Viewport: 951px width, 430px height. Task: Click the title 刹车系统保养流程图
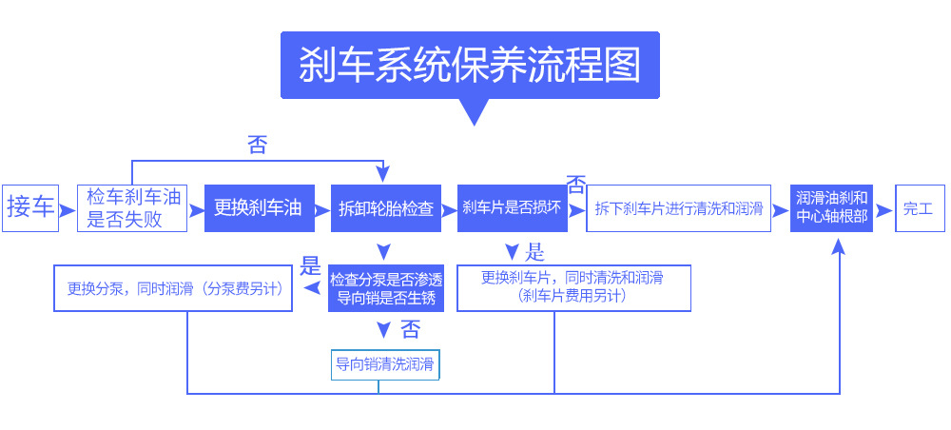pos(469,66)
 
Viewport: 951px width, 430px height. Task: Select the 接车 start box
pos(30,207)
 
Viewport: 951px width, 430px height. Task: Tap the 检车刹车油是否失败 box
pos(132,208)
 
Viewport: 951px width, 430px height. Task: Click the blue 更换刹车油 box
pos(259,208)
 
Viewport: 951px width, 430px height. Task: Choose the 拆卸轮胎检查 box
pos(385,208)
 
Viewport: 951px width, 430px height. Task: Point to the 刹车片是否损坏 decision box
pos(512,208)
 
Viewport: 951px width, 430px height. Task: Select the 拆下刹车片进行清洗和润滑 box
pos(678,208)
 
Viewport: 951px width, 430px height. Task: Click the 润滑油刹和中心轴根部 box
pos(831,208)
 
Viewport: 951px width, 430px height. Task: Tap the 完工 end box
pos(919,208)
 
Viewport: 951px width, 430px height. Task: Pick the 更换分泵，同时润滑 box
pos(173,288)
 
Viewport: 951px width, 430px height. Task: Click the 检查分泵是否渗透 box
pos(385,288)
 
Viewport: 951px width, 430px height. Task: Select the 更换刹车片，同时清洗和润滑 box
pos(573,287)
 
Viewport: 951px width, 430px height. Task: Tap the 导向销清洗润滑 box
pos(385,364)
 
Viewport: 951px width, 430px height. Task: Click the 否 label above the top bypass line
pos(257,146)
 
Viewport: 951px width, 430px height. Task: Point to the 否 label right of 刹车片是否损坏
pos(576,183)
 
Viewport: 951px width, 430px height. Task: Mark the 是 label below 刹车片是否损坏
pos(534,252)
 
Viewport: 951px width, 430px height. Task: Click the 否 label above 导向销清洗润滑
pos(410,330)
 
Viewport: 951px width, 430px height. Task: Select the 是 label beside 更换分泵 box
pos(310,265)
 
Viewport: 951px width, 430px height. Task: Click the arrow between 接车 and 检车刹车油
pos(67,208)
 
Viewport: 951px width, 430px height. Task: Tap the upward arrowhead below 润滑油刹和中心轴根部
pos(839,246)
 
